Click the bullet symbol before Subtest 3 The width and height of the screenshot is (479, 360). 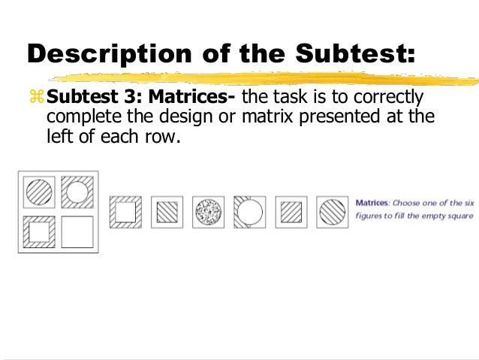point(37,99)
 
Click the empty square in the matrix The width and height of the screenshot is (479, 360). point(77,231)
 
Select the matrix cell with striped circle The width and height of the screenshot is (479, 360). point(39,192)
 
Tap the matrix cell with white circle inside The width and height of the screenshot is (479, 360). point(77,192)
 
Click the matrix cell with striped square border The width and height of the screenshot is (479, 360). point(39,231)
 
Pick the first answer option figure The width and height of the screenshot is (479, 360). point(125,212)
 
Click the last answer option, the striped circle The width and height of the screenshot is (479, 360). point(330,212)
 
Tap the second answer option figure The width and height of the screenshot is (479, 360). point(166,212)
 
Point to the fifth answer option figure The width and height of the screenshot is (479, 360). point(290,212)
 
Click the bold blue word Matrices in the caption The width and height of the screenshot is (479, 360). point(371,203)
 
